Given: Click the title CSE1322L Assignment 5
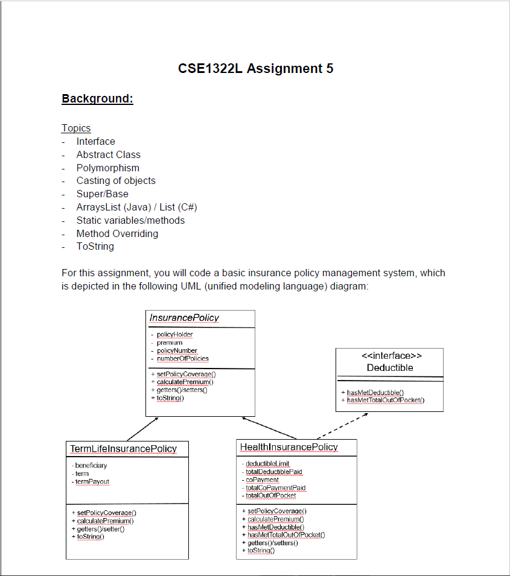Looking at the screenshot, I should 255,68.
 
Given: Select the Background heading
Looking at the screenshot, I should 97,98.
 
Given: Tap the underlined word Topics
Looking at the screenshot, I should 76,128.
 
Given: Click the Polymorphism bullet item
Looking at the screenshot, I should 107,168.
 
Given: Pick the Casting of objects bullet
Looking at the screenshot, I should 116,181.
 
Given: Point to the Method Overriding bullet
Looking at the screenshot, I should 117,233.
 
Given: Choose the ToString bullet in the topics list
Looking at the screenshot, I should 95,247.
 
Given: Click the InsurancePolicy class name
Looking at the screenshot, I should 184,318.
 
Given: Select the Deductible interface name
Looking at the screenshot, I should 390,367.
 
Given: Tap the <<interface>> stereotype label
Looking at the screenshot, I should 390,356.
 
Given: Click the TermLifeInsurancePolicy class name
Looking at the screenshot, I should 124,449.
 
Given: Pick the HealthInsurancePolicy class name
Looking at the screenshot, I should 289,447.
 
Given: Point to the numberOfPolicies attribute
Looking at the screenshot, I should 182,359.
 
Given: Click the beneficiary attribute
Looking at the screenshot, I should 91,466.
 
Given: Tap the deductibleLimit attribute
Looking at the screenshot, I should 267,464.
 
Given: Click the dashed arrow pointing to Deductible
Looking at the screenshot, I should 342,426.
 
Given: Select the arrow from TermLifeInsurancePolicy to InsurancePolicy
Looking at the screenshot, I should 142,428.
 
